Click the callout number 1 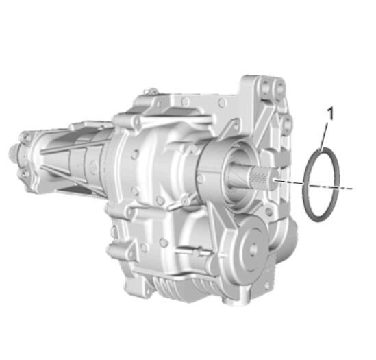coord(330,113)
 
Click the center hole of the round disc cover coord(252,248)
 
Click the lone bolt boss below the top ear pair coord(287,123)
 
